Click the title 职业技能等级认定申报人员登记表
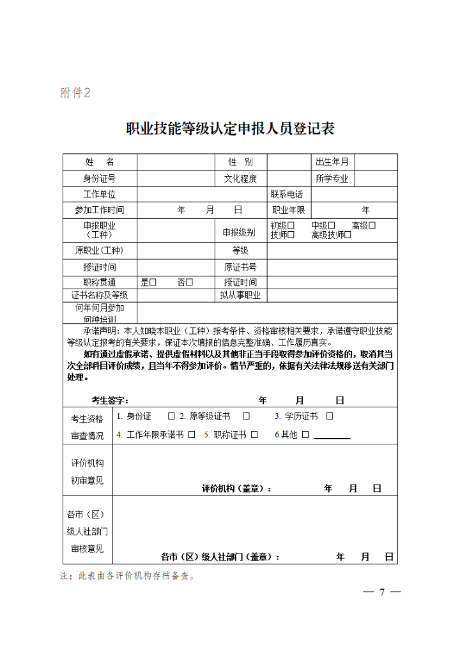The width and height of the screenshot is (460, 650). click(x=230, y=129)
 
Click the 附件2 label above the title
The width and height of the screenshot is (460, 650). click(x=75, y=93)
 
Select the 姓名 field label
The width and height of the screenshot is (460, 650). click(x=99, y=162)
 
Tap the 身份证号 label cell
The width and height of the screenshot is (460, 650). click(x=99, y=178)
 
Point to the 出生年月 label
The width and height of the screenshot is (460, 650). click(x=332, y=162)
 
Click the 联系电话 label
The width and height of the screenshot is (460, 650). click(x=287, y=194)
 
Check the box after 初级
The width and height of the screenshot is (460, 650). click(x=291, y=225)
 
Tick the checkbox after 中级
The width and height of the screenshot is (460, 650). click(x=332, y=225)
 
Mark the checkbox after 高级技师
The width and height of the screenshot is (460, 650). click(x=348, y=235)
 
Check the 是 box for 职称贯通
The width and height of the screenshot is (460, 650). click(x=153, y=282)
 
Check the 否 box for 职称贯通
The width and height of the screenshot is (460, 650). click(x=190, y=282)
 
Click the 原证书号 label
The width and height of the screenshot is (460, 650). click(x=240, y=267)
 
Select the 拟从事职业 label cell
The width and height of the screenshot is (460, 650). click(x=240, y=295)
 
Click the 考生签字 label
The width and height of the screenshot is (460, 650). click(x=109, y=400)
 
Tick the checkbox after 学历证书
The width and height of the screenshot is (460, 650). click(x=330, y=416)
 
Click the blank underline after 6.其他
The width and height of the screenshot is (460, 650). click(x=332, y=436)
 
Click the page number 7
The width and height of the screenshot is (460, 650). click(x=382, y=591)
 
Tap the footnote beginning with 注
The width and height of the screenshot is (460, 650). click(x=128, y=575)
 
